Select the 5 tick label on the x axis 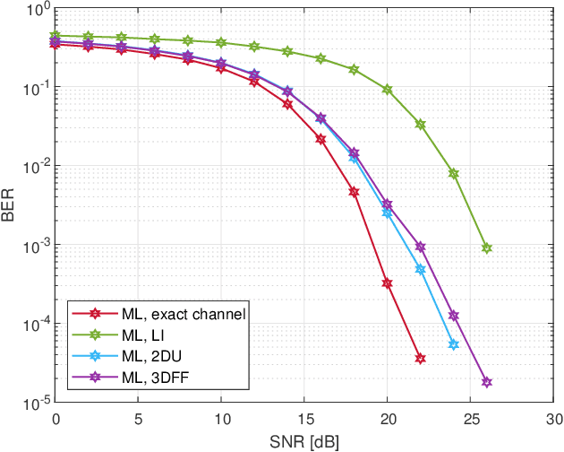(x=139, y=419)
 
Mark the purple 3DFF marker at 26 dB (x=487, y=382)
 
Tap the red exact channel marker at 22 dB (x=420, y=358)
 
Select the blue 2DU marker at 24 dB (x=454, y=344)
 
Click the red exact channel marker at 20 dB (x=388, y=283)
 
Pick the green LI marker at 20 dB (x=388, y=90)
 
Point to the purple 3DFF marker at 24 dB (x=454, y=316)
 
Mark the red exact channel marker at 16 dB (x=321, y=138)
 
